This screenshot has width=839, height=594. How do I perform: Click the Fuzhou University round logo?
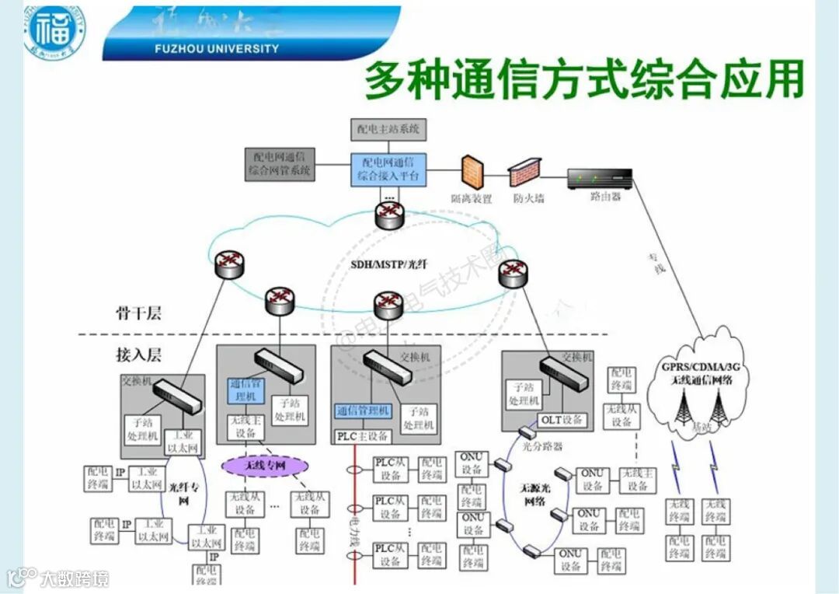pos(54,32)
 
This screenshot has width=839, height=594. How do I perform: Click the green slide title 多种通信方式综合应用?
pos(583,81)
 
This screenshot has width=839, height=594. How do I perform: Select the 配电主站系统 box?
pos(388,128)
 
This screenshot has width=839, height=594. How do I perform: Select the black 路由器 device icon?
pos(600,179)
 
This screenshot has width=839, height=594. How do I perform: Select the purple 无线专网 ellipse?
pos(265,465)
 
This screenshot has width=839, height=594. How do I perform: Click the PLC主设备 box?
pos(362,436)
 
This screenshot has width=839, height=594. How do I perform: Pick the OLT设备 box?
pos(561,421)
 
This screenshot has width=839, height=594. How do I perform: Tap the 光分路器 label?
pos(542,446)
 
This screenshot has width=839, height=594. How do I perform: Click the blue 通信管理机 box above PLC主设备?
pos(364,411)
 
